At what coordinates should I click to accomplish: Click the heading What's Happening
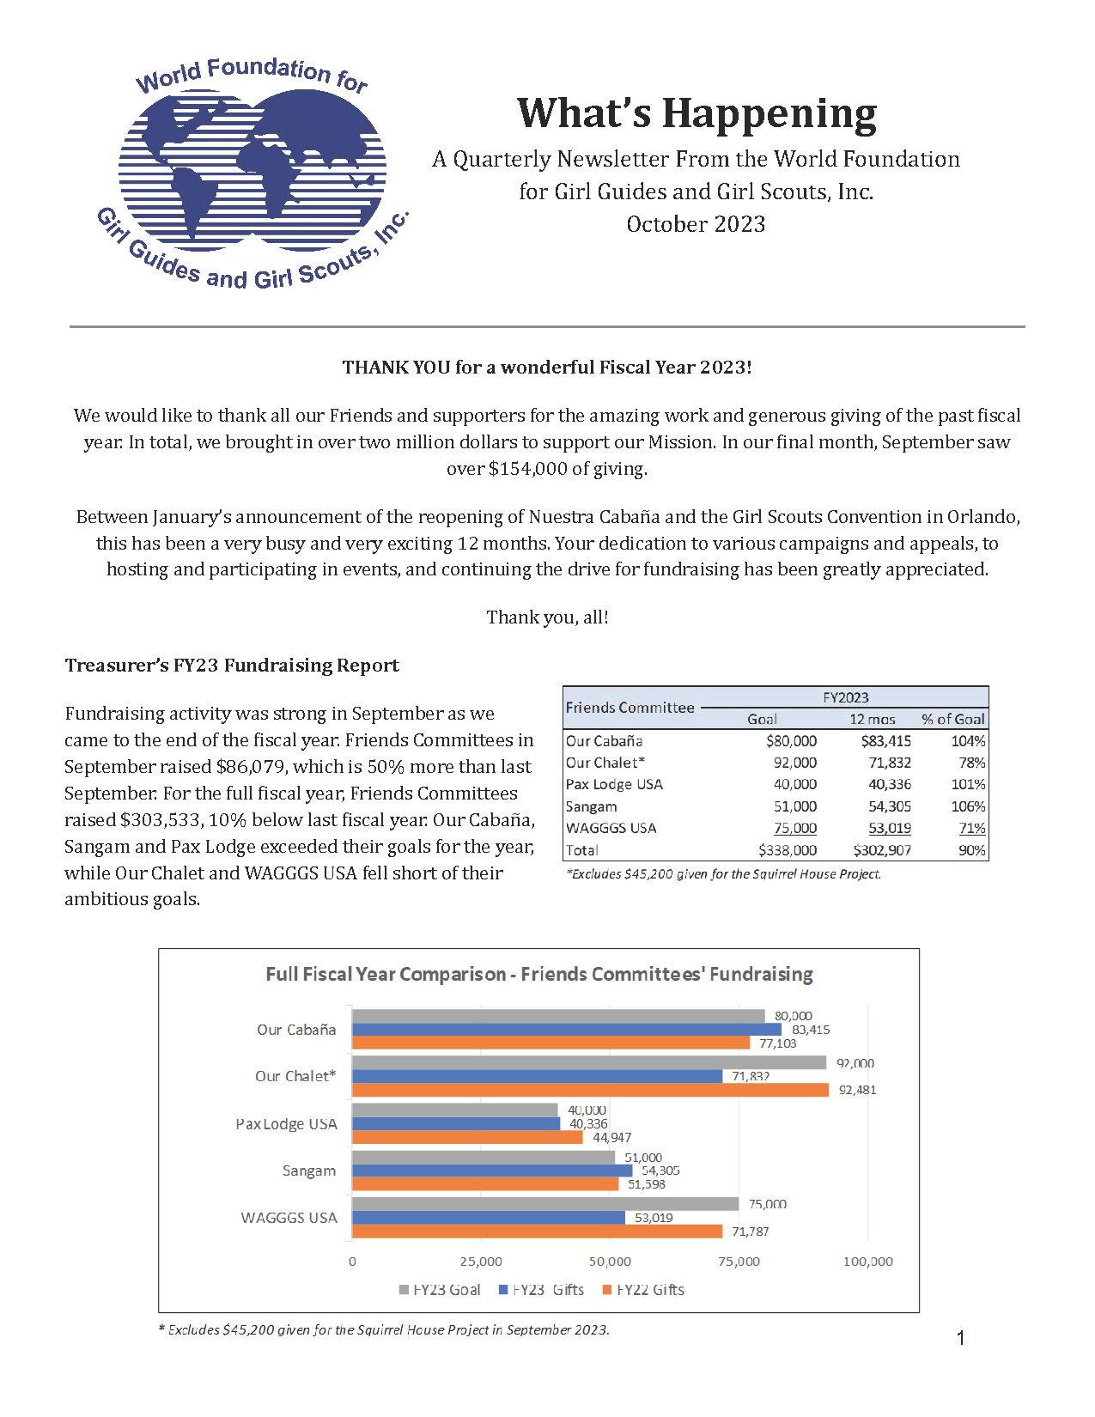697,114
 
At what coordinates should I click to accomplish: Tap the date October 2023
696,225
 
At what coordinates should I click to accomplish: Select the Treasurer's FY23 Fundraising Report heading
232,666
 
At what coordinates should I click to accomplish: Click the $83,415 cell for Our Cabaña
885,741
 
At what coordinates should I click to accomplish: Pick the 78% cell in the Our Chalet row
972,763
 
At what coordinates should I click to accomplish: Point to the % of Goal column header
953,720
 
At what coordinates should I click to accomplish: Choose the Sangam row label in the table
592,806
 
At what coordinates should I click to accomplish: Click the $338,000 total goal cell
788,850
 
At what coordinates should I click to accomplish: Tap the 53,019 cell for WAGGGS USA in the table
889,828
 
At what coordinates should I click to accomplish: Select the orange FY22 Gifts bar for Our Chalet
590,1090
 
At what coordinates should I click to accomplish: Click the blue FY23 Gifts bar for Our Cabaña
567,1030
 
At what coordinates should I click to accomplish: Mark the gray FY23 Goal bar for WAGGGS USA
545,1204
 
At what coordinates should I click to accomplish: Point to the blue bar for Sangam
492,1171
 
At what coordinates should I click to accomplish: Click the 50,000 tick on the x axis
610,1262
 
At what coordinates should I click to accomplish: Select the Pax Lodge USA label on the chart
287,1124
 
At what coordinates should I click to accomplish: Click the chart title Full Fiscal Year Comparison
538,975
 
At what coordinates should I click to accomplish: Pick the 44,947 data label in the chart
611,1138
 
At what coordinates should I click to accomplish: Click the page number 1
960,1338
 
